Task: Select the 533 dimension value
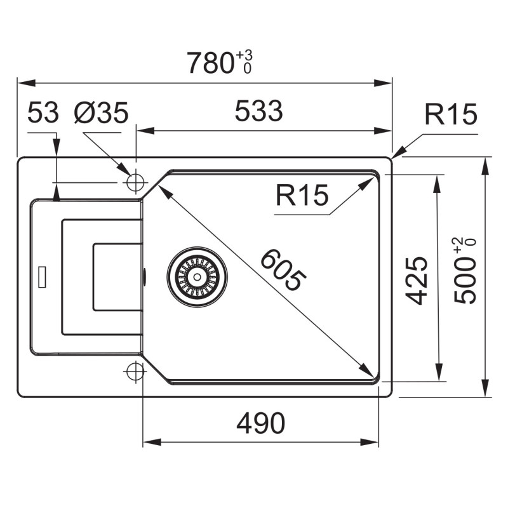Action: coord(258,110)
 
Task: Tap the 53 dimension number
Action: coord(43,112)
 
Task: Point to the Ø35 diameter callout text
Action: coord(102,112)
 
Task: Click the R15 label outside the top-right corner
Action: coord(451,114)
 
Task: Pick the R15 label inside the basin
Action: coord(302,195)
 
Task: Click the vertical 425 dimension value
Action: coord(417,281)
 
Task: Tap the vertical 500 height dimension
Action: coord(465,279)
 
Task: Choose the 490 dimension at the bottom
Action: coord(261,423)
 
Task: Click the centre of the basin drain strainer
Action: coord(197,277)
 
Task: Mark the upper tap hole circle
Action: coord(135,182)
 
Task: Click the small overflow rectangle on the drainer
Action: coord(42,277)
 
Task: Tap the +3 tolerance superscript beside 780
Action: coord(244,55)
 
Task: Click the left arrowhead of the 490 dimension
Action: coord(152,442)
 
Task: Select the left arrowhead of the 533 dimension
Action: coord(145,131)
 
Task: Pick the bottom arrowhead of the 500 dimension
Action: coord(485,388)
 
